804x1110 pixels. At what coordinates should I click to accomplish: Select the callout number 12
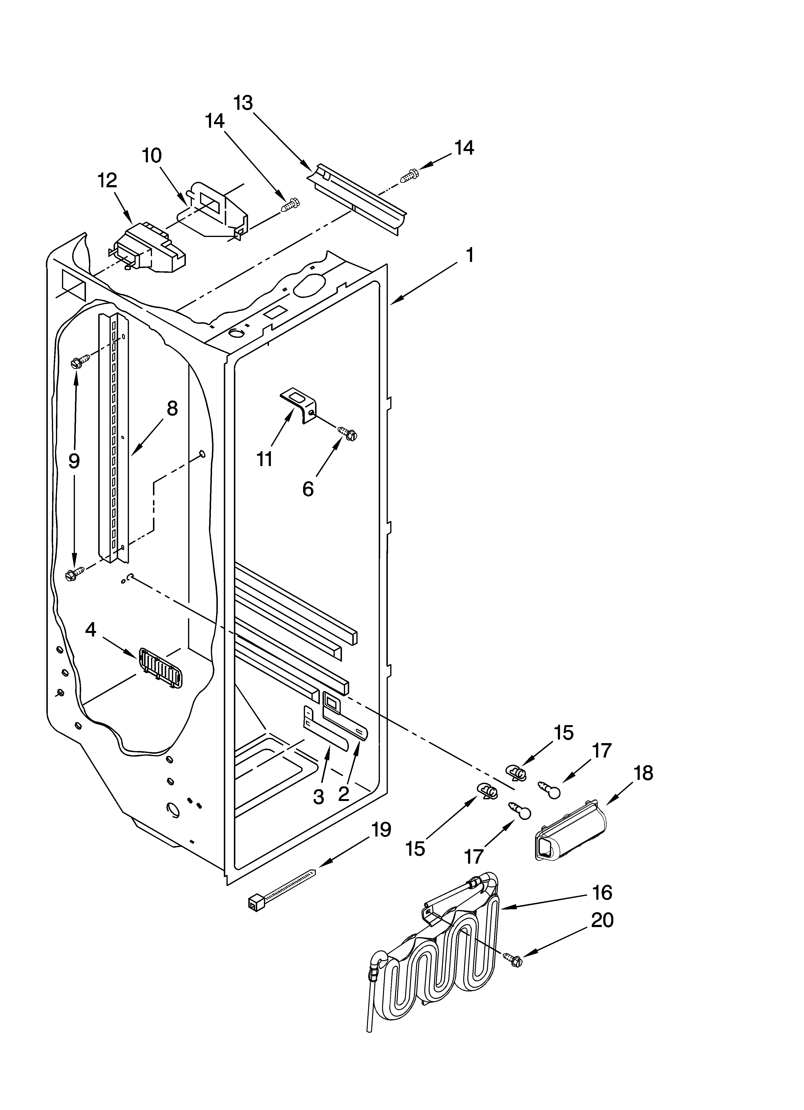tap(107, 181)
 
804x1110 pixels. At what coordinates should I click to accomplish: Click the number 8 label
tap(172, 408)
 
